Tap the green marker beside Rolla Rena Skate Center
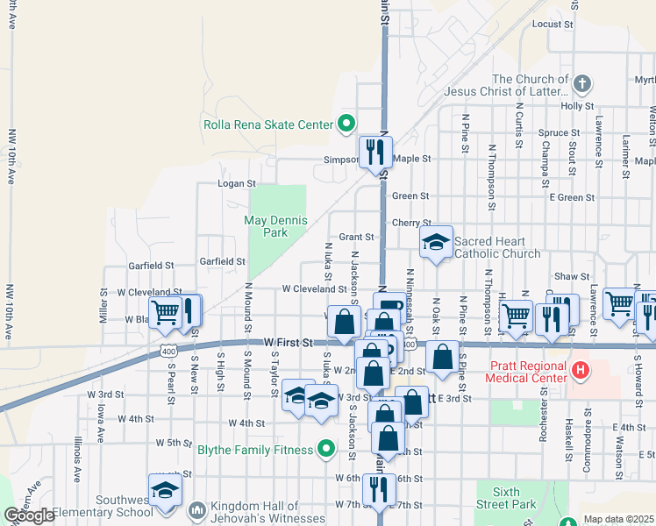point(346,124)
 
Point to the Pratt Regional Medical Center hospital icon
point(579,370)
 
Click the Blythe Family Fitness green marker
point(326,451)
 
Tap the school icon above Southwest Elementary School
point(164,492)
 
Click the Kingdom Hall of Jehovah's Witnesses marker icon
point(196,509)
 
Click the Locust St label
point(552,24)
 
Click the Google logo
point(29,515)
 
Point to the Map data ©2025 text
point(618,519)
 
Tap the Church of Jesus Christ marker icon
point(581,84)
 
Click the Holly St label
point(577,106)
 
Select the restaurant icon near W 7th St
point(378,487)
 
